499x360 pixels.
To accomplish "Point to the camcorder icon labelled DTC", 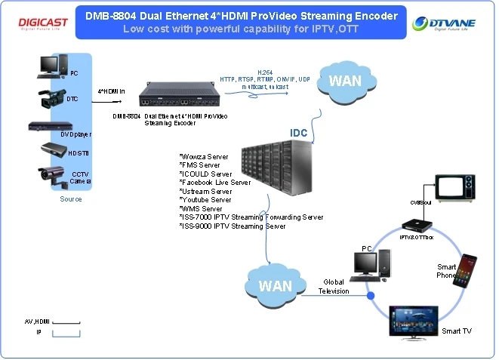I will pos(54,98).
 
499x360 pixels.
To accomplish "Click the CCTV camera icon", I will pos(53,178).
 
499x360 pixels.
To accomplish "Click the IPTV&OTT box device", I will pos(417,225).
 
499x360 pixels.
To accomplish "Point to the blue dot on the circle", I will pos(370,295).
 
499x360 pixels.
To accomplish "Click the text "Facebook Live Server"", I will pos(215,183).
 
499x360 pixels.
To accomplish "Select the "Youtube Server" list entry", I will pos(205,200).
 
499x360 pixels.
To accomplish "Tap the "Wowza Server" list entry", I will pos(204,156).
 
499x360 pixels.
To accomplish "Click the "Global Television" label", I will pos(334,287).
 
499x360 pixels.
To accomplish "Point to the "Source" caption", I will pos(71,199).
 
